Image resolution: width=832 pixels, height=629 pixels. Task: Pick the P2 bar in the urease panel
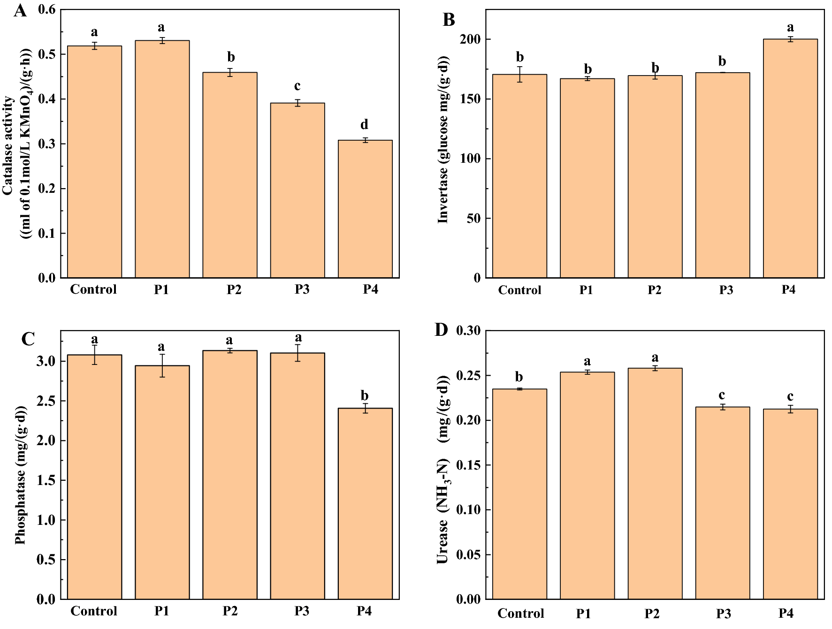(655, 483)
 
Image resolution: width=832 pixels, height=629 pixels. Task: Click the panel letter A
(20, 11)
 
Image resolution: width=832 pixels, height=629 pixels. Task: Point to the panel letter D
(441, 330)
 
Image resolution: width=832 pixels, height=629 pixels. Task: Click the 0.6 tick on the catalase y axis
(46, 9)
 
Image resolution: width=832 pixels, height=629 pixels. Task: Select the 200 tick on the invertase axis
(470, 39)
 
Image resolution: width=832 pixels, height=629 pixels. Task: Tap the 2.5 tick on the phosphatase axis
(46, 401)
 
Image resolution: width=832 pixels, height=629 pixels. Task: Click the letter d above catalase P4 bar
(364, 125)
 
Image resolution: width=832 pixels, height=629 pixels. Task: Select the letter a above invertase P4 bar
(790, 28)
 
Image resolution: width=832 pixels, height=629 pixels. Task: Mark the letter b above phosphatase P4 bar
(365, 395)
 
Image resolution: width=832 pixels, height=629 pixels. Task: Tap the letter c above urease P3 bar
(722, 395)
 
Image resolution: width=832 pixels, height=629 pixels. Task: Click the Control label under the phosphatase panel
(94, 611)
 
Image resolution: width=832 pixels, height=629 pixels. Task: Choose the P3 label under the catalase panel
(302, 289)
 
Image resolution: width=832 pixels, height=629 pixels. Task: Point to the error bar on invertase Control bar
(519, 74)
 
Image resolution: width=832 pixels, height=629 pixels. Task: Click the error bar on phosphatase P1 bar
(162, 365)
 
